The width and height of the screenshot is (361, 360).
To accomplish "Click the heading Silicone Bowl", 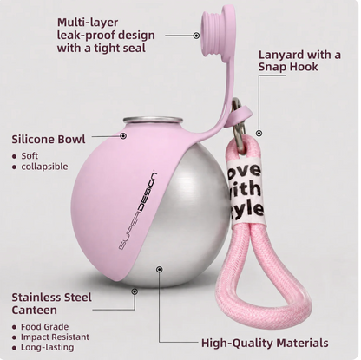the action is tap(49, 139).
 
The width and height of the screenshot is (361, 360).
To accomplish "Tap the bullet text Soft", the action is tap(30, 156).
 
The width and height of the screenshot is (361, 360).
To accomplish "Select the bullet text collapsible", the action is tap(44, 167).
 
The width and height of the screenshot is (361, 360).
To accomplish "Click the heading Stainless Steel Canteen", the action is tap(51, 304).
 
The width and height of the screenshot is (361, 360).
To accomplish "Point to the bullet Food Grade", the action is tap(44, 327).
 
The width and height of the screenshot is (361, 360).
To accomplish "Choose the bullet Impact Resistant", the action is tap(55, 337).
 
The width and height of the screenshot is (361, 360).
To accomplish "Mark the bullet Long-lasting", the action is tap(47, 347).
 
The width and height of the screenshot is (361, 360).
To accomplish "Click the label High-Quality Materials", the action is tap(265, 343).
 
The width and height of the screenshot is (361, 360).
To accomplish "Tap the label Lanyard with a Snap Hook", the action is tap(299, 61).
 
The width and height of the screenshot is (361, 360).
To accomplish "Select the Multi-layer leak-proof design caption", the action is tap(106, 35).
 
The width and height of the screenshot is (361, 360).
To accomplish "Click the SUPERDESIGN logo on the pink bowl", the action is tap(137, 212).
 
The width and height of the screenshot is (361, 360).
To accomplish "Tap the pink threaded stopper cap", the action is tap(213, 29).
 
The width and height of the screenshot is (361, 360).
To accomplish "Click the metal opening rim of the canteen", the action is tap(153, 120).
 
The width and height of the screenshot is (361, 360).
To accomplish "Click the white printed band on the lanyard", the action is tap(246, 190).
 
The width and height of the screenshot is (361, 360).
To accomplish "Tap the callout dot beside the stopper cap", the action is tap(196, 36).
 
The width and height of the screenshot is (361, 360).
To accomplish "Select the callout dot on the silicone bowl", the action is tap(123, 135).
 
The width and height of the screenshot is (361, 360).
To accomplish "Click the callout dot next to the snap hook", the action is tap(259, 134).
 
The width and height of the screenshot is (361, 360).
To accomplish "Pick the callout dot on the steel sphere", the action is tap(159, 270).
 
